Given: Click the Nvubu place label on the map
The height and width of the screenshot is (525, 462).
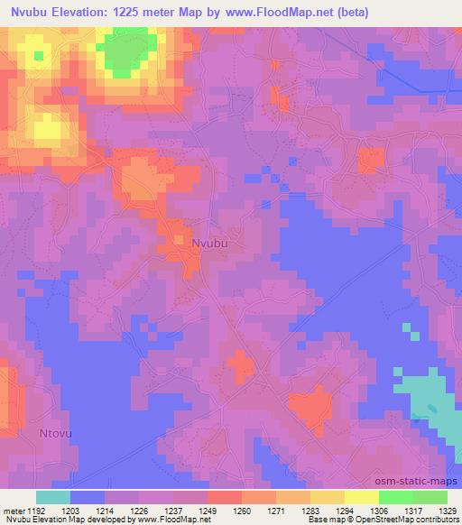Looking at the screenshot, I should (x=209, y=243).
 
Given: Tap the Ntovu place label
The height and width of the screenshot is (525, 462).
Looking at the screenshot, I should (x=57, y=434).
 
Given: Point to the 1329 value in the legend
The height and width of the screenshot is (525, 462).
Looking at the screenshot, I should (x=448, y=510).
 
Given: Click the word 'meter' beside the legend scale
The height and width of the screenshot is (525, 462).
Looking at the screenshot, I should (x=15, y=510).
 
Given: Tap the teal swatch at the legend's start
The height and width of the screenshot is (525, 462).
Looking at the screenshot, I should (x=52, y=497).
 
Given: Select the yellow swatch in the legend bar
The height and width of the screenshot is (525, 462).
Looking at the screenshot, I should (x=328, y=497).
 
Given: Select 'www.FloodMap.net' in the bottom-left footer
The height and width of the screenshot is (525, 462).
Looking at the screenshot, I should (x=168, y=520).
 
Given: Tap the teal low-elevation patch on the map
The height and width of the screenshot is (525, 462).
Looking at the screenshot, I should (x=425, y=398).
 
